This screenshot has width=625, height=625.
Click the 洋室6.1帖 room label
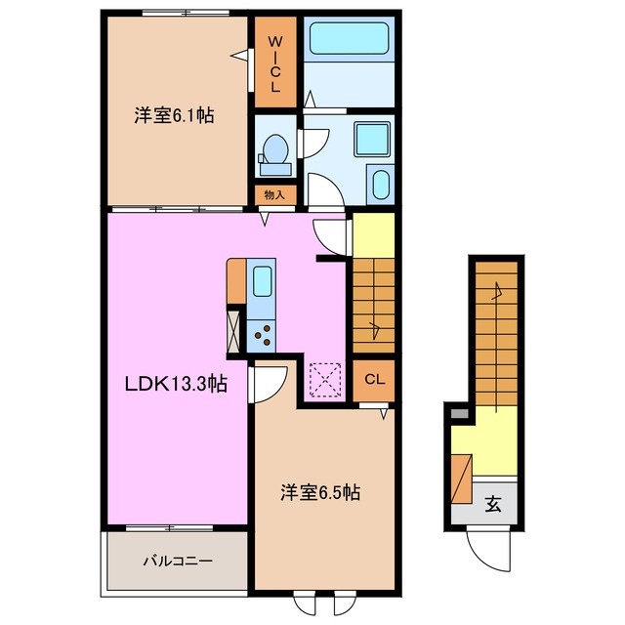pyautogui.click(x=174, y=115)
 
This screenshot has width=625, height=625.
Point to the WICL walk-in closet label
pyautogui.click(x=275, y=63)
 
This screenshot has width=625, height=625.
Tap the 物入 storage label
pyautogui.click(x=275, y=194)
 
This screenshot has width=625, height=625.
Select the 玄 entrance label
pyautogui.click(x=494, y=504)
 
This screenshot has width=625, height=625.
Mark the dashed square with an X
pyautogui.click(x=323, y=380)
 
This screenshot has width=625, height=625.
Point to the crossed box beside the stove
pyautogui.click(x=234, y=329)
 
